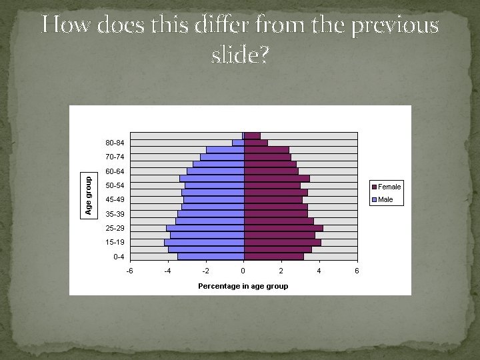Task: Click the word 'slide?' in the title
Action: pos(240,55)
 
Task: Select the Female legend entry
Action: pos(389,187)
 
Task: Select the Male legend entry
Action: pos(386,199)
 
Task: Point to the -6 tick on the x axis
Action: pos(130,271)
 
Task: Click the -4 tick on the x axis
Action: pos(168,271)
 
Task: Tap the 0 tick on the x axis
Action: pos(243,271)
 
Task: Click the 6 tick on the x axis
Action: pos(357,271)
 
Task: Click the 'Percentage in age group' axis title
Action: pos(243,286)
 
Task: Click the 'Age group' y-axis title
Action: pos(88,195)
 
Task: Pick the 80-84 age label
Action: pos(115,143)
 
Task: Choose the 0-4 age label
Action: pos(119,256)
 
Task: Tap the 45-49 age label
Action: pos(115,199)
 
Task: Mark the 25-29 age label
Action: pos(115,228)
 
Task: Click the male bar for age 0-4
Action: pos(211,256)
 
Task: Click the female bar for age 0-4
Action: pos(273,256)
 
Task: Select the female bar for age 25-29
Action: pos(283,228)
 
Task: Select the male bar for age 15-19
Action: pos(204,242)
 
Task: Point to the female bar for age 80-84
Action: pos(255,143)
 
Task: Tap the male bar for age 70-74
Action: pos(222,157)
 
